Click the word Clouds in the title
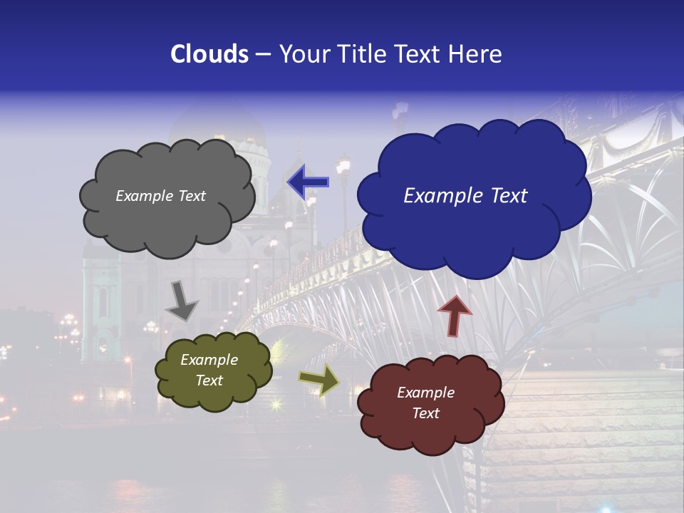[209, 54]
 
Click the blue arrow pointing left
[307, 182]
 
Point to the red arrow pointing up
[455, 316]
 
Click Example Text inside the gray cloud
[160, 196]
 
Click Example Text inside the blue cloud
[465, 196]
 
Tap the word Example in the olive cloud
[209, 360]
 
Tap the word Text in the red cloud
[426, 413]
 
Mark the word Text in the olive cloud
[209, 380]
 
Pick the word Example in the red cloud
[425, 393]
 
